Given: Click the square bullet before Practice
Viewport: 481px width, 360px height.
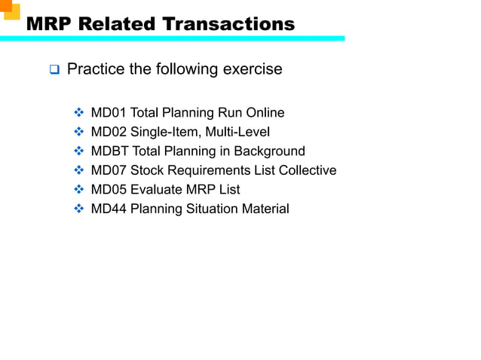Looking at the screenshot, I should (x=54, y=71).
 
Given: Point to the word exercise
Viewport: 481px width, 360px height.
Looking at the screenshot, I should (x=253, y=70).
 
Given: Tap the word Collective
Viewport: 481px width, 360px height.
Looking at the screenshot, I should (x=308, y=170).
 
